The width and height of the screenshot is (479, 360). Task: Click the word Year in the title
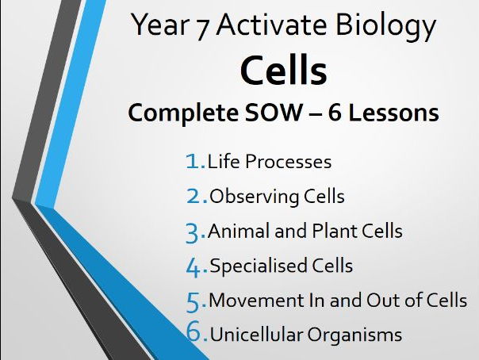[x=159, y=25]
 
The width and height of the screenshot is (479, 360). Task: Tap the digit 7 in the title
[x=202, y=29]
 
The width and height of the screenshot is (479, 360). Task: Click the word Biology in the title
[x=385, y=27]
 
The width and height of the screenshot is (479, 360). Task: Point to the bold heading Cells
[x=284, y=71]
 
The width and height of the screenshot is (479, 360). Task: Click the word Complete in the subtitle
[x=183, y=113]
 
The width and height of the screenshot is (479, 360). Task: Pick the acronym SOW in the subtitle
[x=274, y=113]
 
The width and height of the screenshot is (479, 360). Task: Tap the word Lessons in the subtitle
[x=393, y=113]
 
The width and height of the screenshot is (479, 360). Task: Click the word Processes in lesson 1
[x=288, y=162]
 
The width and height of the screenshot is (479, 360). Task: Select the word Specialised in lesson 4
[x=259, y=266]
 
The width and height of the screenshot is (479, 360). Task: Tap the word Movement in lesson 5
[x=257, y=301]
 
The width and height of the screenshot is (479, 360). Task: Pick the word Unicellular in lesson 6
[x=256, y=334]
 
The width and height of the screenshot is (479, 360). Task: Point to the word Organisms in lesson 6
[x=354, y=335]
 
